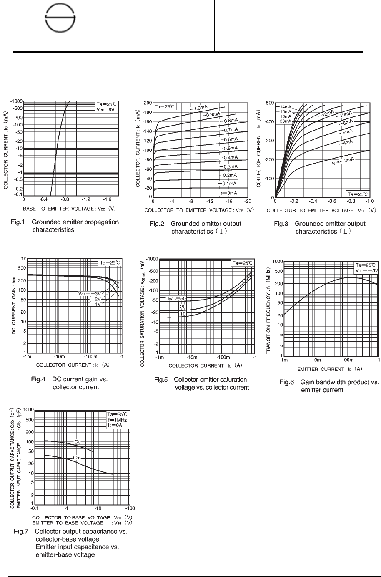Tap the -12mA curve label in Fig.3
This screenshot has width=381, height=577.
327,113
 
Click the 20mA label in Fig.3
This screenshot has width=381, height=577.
285,121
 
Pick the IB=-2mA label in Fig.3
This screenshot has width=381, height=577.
343,161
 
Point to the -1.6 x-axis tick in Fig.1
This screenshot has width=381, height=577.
108,200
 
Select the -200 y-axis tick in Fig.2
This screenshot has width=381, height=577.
147,103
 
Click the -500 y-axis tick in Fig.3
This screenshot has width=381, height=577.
269,103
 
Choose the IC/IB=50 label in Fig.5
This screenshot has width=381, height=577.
177,299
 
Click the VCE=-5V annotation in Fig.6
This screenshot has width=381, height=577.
366,270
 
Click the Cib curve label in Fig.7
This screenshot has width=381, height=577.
77,441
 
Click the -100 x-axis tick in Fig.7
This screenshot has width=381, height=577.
130,509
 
